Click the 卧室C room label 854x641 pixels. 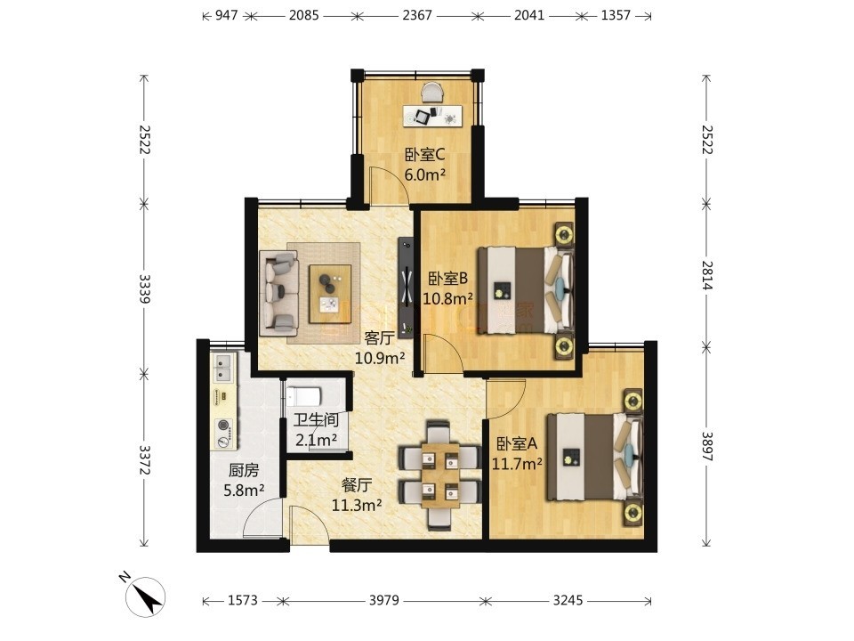(424, 155)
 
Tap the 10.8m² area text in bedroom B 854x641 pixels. (447, 299)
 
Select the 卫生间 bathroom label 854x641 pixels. (316, 420)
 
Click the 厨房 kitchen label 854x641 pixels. (244, 470)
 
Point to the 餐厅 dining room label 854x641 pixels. (357, 485)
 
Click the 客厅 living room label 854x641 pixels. (379, 338)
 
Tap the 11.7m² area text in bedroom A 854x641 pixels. (517, 464)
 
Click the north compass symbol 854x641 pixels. (145, 596)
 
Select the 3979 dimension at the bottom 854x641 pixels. (384, 600)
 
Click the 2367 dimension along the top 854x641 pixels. (417, 15)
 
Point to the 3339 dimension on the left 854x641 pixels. (144, 288)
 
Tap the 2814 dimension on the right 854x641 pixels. (706, 275)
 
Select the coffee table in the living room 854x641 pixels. (330, 295)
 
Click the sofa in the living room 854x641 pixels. (278, 293)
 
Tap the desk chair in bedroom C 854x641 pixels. (433, 92)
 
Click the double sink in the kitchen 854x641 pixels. (224, 367)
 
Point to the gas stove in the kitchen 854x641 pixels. (224, 434)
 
